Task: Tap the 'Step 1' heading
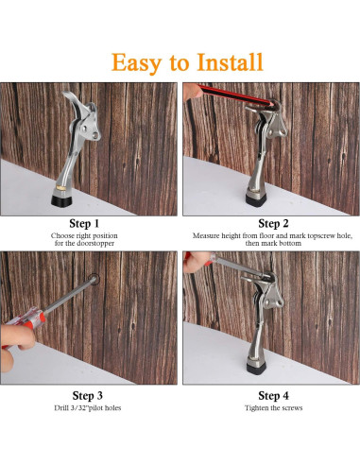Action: (89, 223)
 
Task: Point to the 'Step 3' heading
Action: (89, 394)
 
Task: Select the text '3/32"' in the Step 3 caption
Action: (74, 408)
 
